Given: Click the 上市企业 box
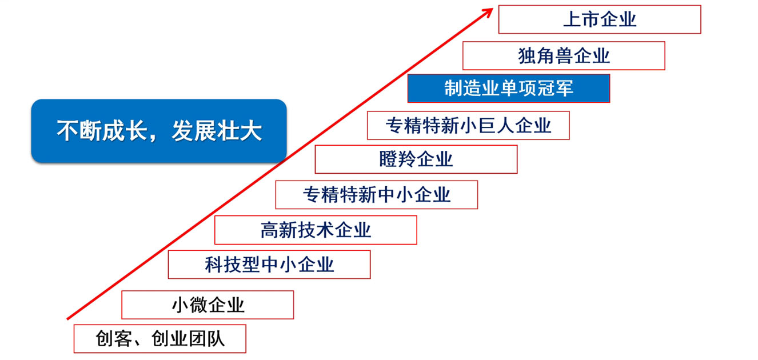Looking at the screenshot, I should [599, 19].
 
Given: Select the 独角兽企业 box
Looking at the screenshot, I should [563, 55].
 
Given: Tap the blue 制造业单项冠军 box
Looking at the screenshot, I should [508, 88].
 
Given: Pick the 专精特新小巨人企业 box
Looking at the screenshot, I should [468, 125].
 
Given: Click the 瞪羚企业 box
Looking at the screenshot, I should [416, 159].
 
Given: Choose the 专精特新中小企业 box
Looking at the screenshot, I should [376, 194].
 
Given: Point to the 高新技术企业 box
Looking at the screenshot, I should [316, 230].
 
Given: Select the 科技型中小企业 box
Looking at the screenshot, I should [269, 265].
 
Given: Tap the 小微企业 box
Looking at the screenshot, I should [208, 305].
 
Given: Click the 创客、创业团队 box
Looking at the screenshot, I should [159, 339].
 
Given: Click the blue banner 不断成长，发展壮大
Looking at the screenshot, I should [158, 131].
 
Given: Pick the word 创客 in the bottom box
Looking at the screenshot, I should [113, 339].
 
